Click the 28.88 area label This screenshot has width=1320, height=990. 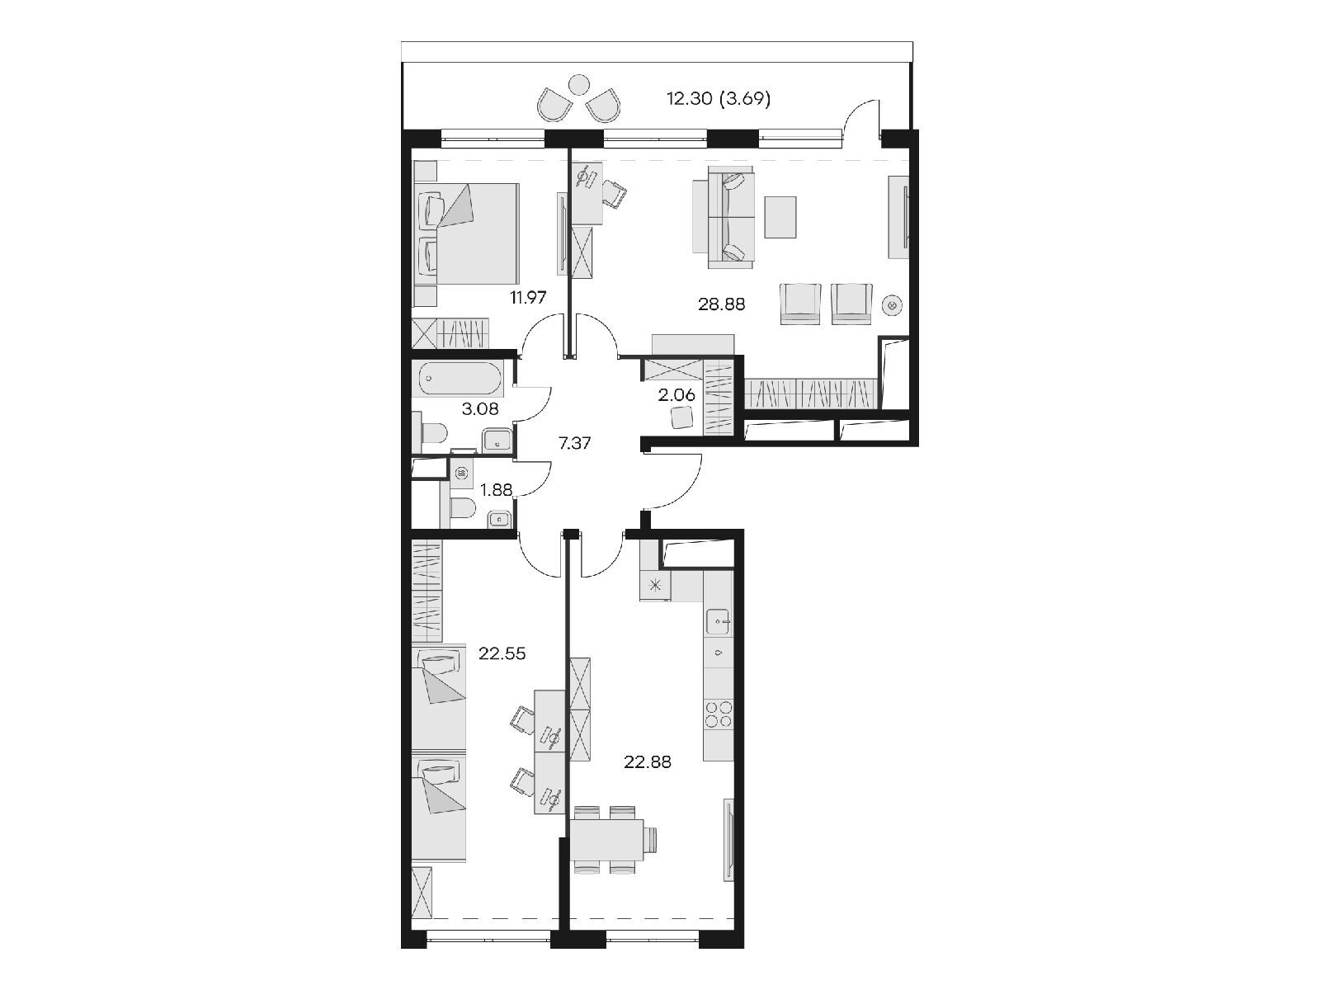pos(721,304)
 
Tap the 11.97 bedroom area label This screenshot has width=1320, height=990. pos(528,297)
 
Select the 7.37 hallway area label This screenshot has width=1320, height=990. pos(574,444)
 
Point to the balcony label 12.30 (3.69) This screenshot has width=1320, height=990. pos(719,98)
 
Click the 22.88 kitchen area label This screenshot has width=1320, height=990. pos(647,762)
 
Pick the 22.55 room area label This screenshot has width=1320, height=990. pos(502,653)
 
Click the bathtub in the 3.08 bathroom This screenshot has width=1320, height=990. pos(460,378)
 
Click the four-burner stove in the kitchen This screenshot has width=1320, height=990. pos(719,714)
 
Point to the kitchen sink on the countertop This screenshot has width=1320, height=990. pos(719,620)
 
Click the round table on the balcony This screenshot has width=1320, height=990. pos(578,84)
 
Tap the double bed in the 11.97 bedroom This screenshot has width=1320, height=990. pos(466,233)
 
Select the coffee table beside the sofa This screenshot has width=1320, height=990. pos(780,217)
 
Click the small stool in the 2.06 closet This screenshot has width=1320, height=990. pos(682,417)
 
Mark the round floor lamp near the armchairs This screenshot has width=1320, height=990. pos(892,305)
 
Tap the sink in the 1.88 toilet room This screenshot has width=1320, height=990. pos(498,519)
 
